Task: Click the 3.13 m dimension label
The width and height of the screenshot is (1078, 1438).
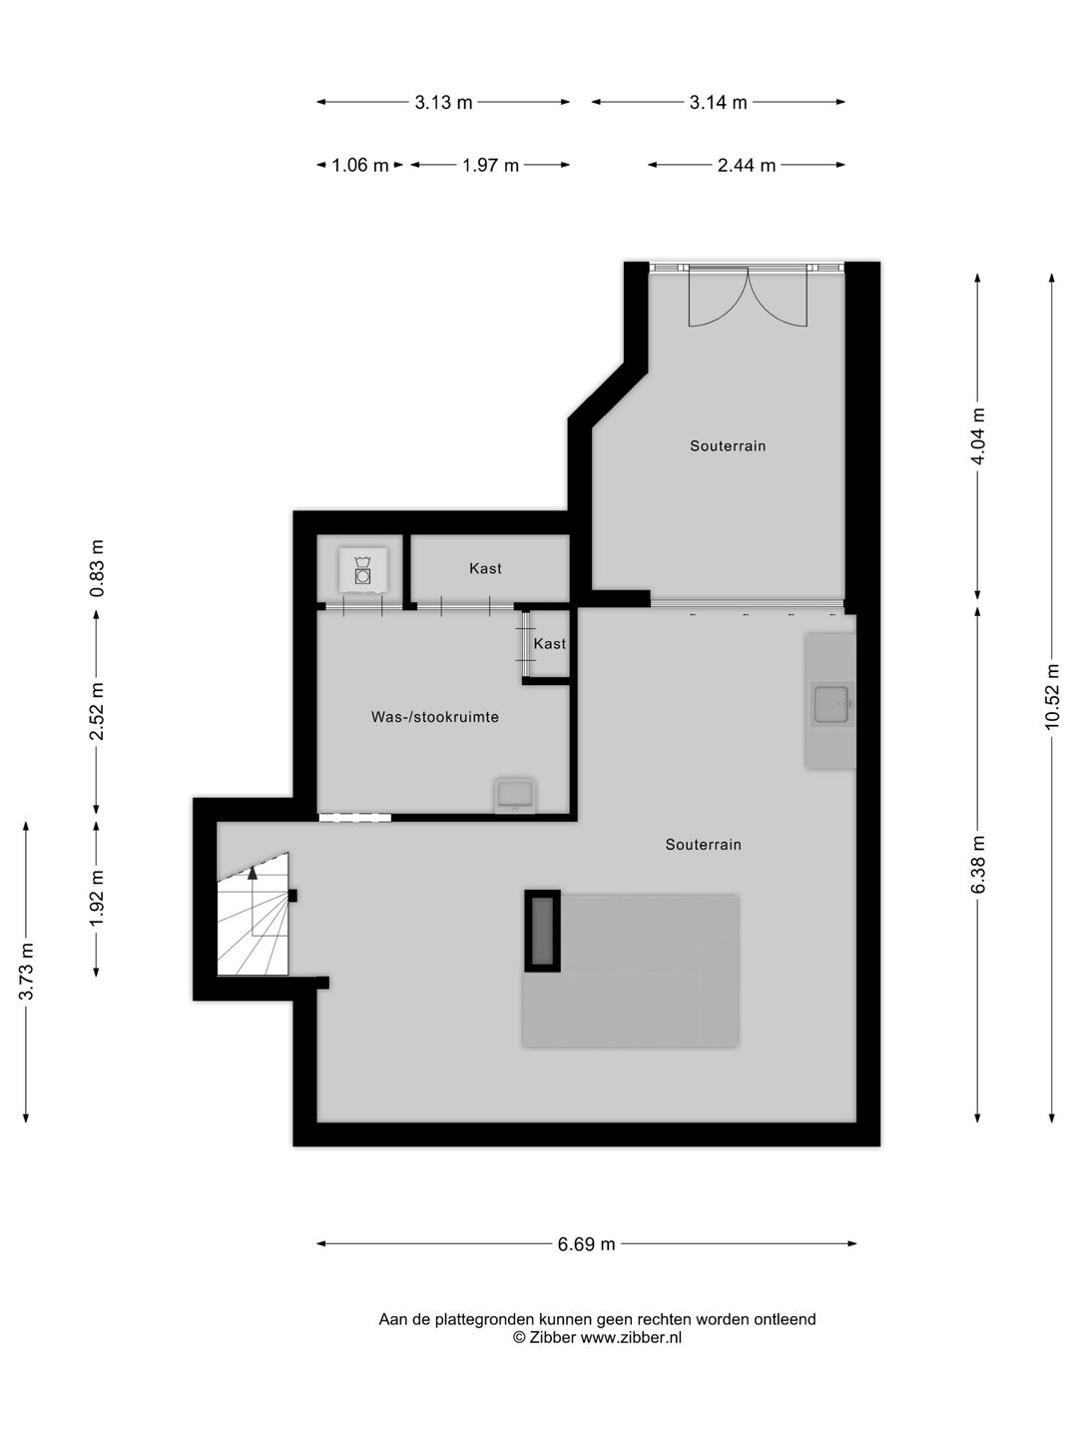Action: pos(443,102)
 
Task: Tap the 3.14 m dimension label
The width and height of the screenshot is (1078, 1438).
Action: pos(718,102)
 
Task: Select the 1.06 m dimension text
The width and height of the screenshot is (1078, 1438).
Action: pos(360,165)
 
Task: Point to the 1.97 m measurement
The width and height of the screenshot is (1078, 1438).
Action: pos(490,165)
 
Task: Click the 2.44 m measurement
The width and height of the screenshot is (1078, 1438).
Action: pos(747,165)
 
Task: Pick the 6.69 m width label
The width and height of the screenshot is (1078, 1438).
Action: pos(587,1244)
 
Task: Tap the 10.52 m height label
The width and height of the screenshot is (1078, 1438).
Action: pos(1052,696)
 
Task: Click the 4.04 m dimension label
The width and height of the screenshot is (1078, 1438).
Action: pos(978,436)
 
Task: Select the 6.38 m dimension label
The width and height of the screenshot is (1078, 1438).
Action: pos(978,864)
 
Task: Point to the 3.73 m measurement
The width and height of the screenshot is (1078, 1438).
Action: pos(26,972)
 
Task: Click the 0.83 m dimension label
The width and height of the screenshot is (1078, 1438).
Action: pos(97,568)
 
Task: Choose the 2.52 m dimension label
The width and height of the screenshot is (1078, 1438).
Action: pos(97,711)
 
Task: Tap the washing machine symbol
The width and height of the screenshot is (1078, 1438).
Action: pos(362,570)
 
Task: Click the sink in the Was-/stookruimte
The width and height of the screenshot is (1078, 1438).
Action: pos(515,795)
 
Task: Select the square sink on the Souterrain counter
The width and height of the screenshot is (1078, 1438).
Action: pos(831,705)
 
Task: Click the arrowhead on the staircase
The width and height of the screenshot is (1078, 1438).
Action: pos(253,872)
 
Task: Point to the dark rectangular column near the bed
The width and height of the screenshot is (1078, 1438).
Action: pos(543,931)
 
